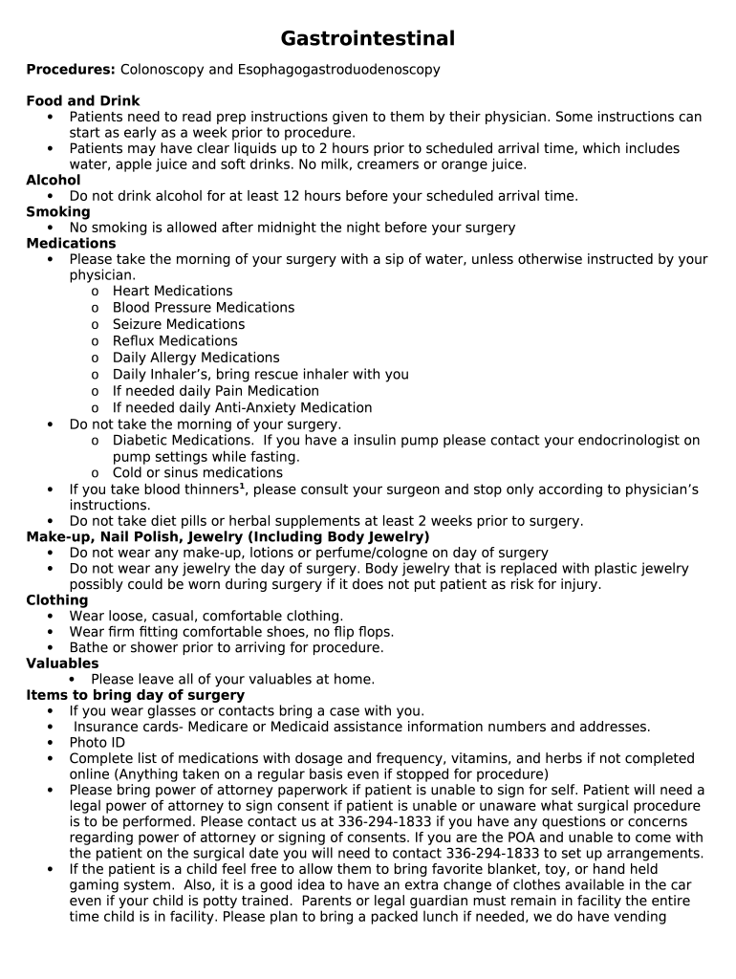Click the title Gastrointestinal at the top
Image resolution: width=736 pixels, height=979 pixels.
click(367, 39)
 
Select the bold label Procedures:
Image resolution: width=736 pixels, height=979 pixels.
click(71, 70)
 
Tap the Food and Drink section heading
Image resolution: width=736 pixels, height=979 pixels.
click(83, 101)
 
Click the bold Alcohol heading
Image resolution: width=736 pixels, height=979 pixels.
click(54, 181)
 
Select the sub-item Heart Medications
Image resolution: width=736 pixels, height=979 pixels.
click(172, 292)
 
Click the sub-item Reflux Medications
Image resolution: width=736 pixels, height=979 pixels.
click(175, 341)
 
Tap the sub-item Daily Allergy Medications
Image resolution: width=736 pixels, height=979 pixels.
click(196, 358)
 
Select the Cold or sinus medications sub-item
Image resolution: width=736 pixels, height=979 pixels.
click(197, 473)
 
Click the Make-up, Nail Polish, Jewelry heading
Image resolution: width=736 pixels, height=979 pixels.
click(227, 537)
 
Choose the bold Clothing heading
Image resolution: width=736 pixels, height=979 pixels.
click(57, 600)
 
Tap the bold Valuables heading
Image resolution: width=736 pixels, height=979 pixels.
click(62, 664)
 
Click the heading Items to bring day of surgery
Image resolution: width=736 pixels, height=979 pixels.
click(135, 695)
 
